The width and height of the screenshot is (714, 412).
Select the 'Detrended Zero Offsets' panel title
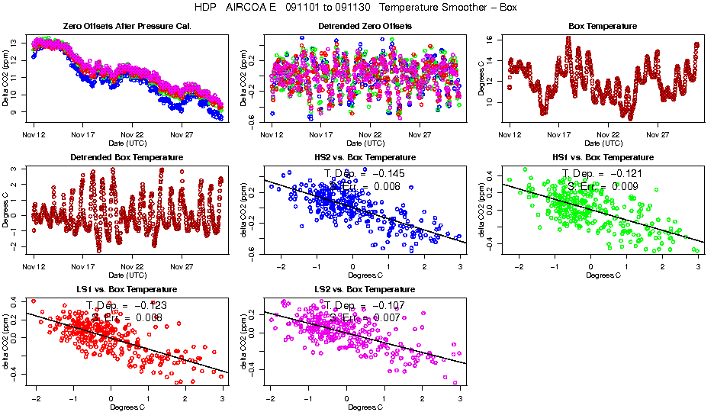(365, 27)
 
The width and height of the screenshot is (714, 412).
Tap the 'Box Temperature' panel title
(602, 27)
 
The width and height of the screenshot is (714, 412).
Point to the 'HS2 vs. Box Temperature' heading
(365, 158)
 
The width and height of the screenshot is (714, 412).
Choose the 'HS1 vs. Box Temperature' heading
(602, 158)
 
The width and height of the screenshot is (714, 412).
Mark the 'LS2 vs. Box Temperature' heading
(365, 290)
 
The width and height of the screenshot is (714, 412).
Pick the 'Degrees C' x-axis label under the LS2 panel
(365, 407)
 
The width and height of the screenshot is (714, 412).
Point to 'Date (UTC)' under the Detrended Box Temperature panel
(127, 275)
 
